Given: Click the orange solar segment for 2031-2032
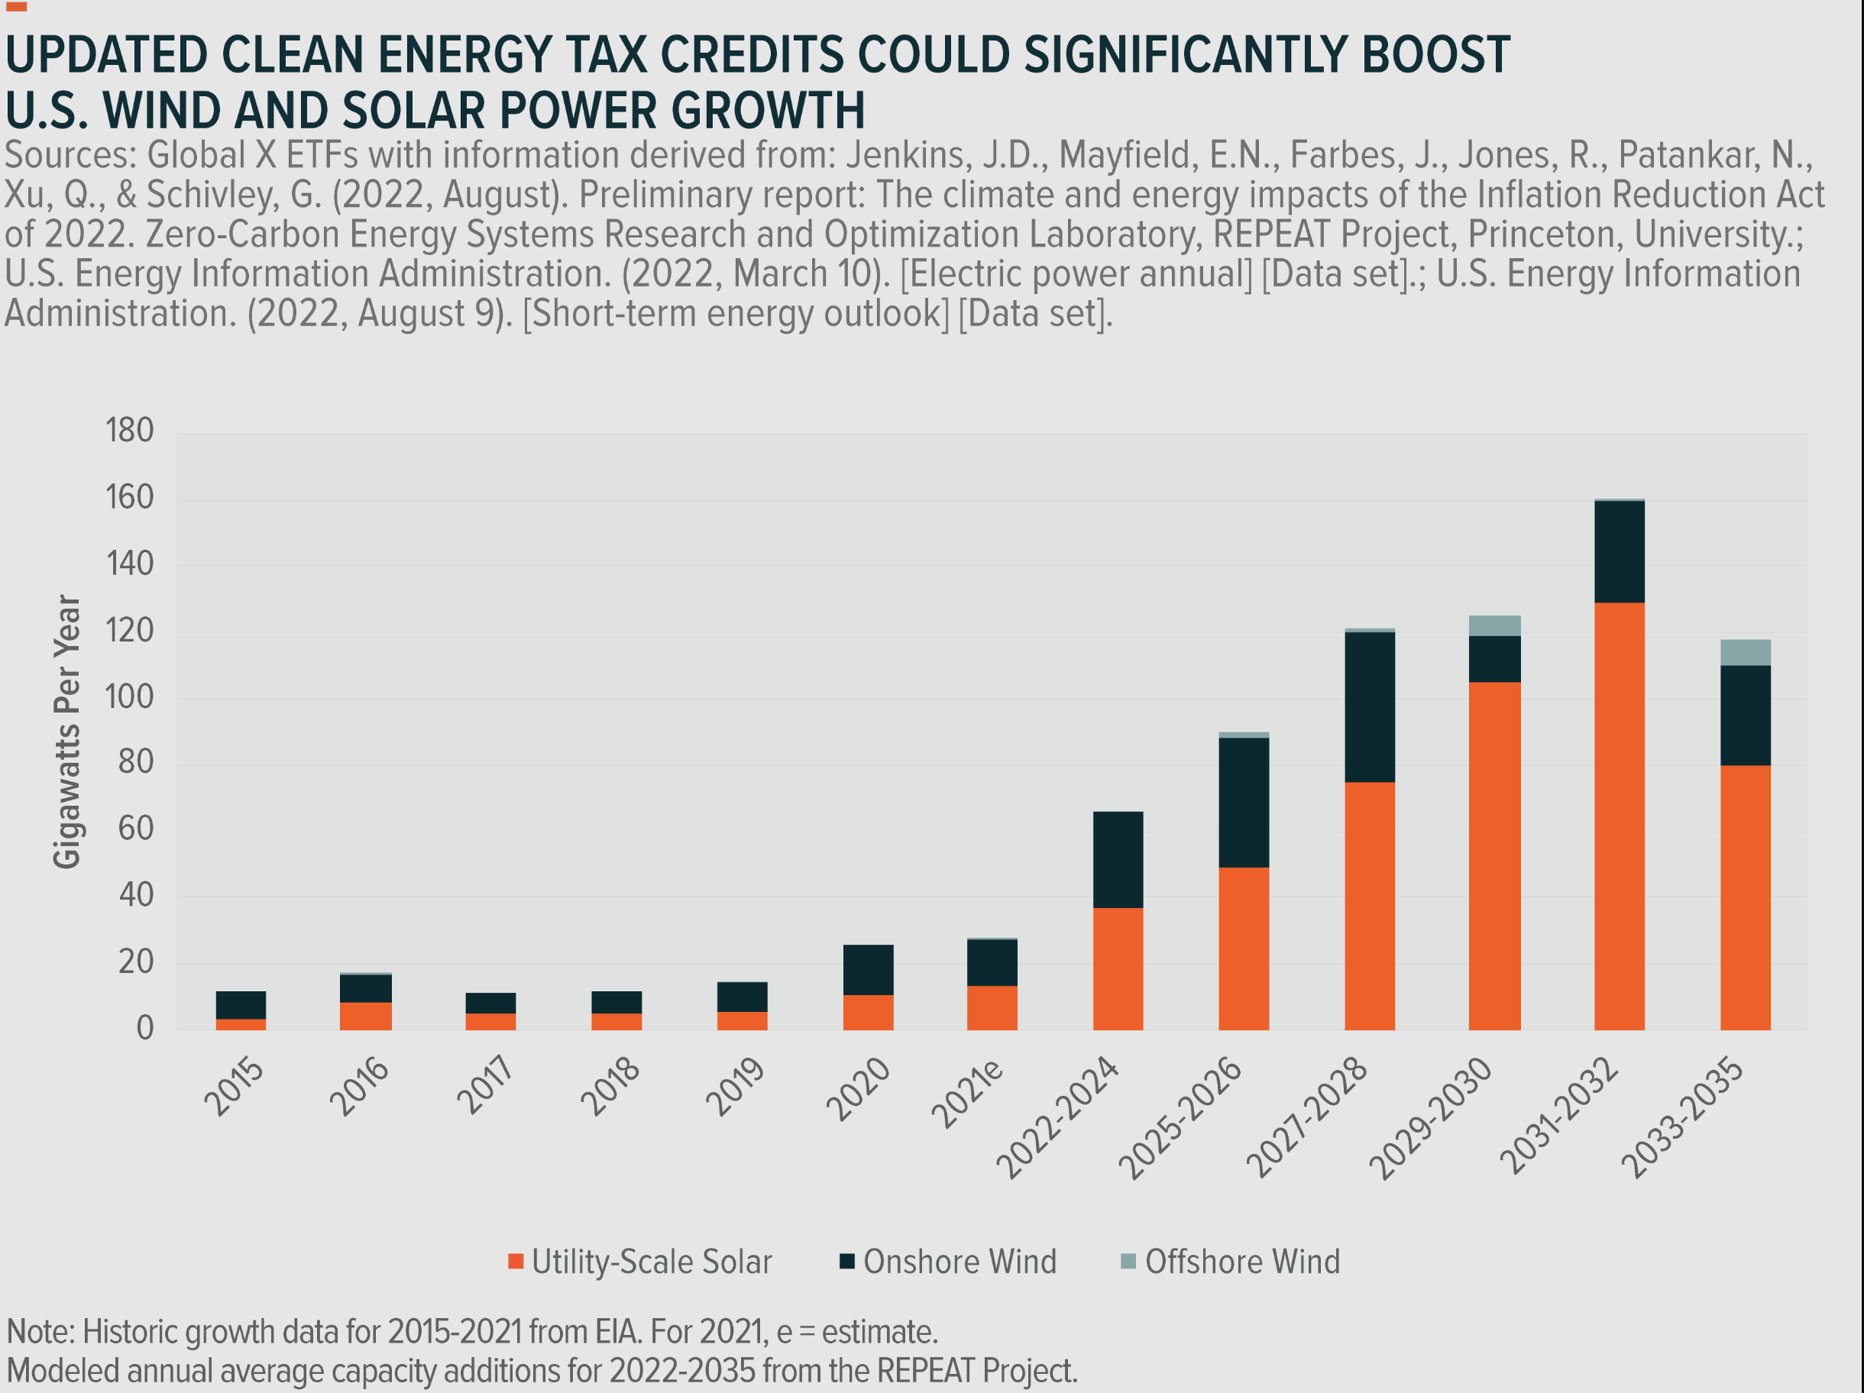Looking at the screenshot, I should [1619, 815].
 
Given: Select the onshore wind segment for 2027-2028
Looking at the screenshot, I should [1369, 706].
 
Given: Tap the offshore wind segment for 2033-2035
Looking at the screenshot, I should [1745, 652].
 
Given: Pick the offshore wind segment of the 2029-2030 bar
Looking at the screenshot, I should [1494, 625].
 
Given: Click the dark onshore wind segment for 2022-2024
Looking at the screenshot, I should [1118, 859].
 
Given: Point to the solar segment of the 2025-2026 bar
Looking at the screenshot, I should [1243, 948].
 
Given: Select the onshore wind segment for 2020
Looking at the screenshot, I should [868, 969].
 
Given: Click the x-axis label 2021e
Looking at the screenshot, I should [969, 1092].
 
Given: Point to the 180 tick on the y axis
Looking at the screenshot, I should [130, 431].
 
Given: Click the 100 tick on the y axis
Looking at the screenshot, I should [130, 696].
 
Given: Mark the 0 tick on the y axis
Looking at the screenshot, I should [145, 1028].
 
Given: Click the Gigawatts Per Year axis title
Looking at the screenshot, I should [67, 731].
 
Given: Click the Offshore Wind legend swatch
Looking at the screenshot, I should [1128, 1261].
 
